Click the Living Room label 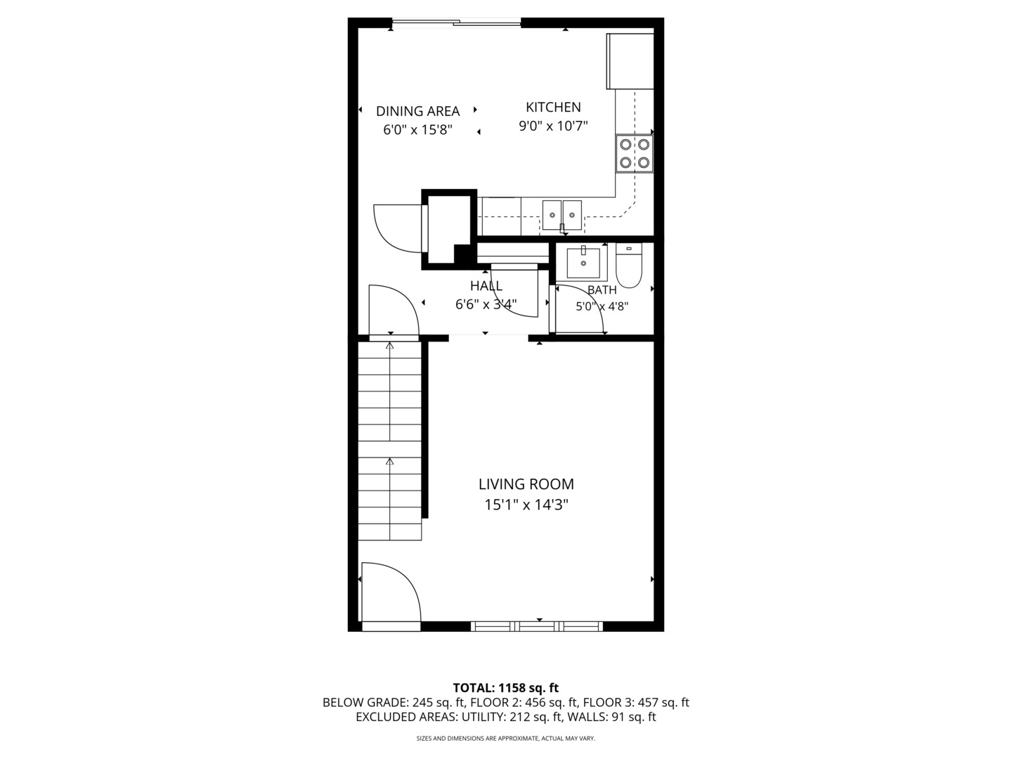click(526, 484)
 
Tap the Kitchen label click(553, 107)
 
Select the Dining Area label click(417, 111)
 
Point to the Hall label click(486, 286)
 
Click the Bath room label click(602, 290)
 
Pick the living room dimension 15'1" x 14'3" click(526, 505)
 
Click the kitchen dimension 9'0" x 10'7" click(553, 126)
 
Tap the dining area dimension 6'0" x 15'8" click(417, 130)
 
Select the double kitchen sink click(562, 215)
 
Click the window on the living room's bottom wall click(537, 626)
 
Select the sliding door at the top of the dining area click(456, 24)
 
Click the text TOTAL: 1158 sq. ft click(505, 687)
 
